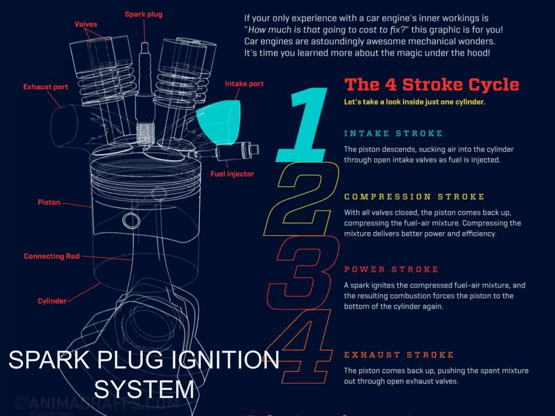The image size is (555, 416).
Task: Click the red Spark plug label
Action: (143, 14)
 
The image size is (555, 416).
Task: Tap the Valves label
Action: (86, 24)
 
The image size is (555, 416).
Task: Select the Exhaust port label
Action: (46, 87)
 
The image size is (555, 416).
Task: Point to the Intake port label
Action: (244, 84)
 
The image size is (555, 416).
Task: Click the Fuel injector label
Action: (232, 174)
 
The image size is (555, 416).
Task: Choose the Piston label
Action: (49, 202)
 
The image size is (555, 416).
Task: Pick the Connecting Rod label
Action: (51, 256)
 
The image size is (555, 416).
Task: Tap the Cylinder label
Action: (52, 301)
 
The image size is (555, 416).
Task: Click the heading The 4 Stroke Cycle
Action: (431, 85)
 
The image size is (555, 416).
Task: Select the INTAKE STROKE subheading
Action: (393, 134)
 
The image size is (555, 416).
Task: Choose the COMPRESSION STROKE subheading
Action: (414, 197)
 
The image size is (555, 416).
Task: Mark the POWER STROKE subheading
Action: (391, 269)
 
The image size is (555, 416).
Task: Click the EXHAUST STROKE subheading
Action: (399, 355)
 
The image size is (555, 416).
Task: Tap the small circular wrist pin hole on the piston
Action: (131, 220)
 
